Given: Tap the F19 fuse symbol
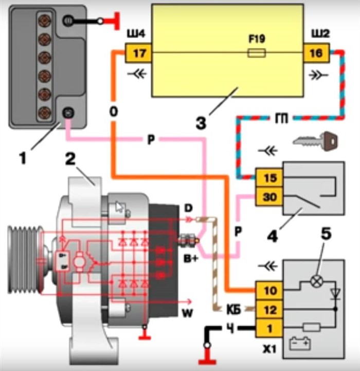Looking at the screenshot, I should [x=256, y=52].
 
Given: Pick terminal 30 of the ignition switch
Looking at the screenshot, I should [x=269, y=196].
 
